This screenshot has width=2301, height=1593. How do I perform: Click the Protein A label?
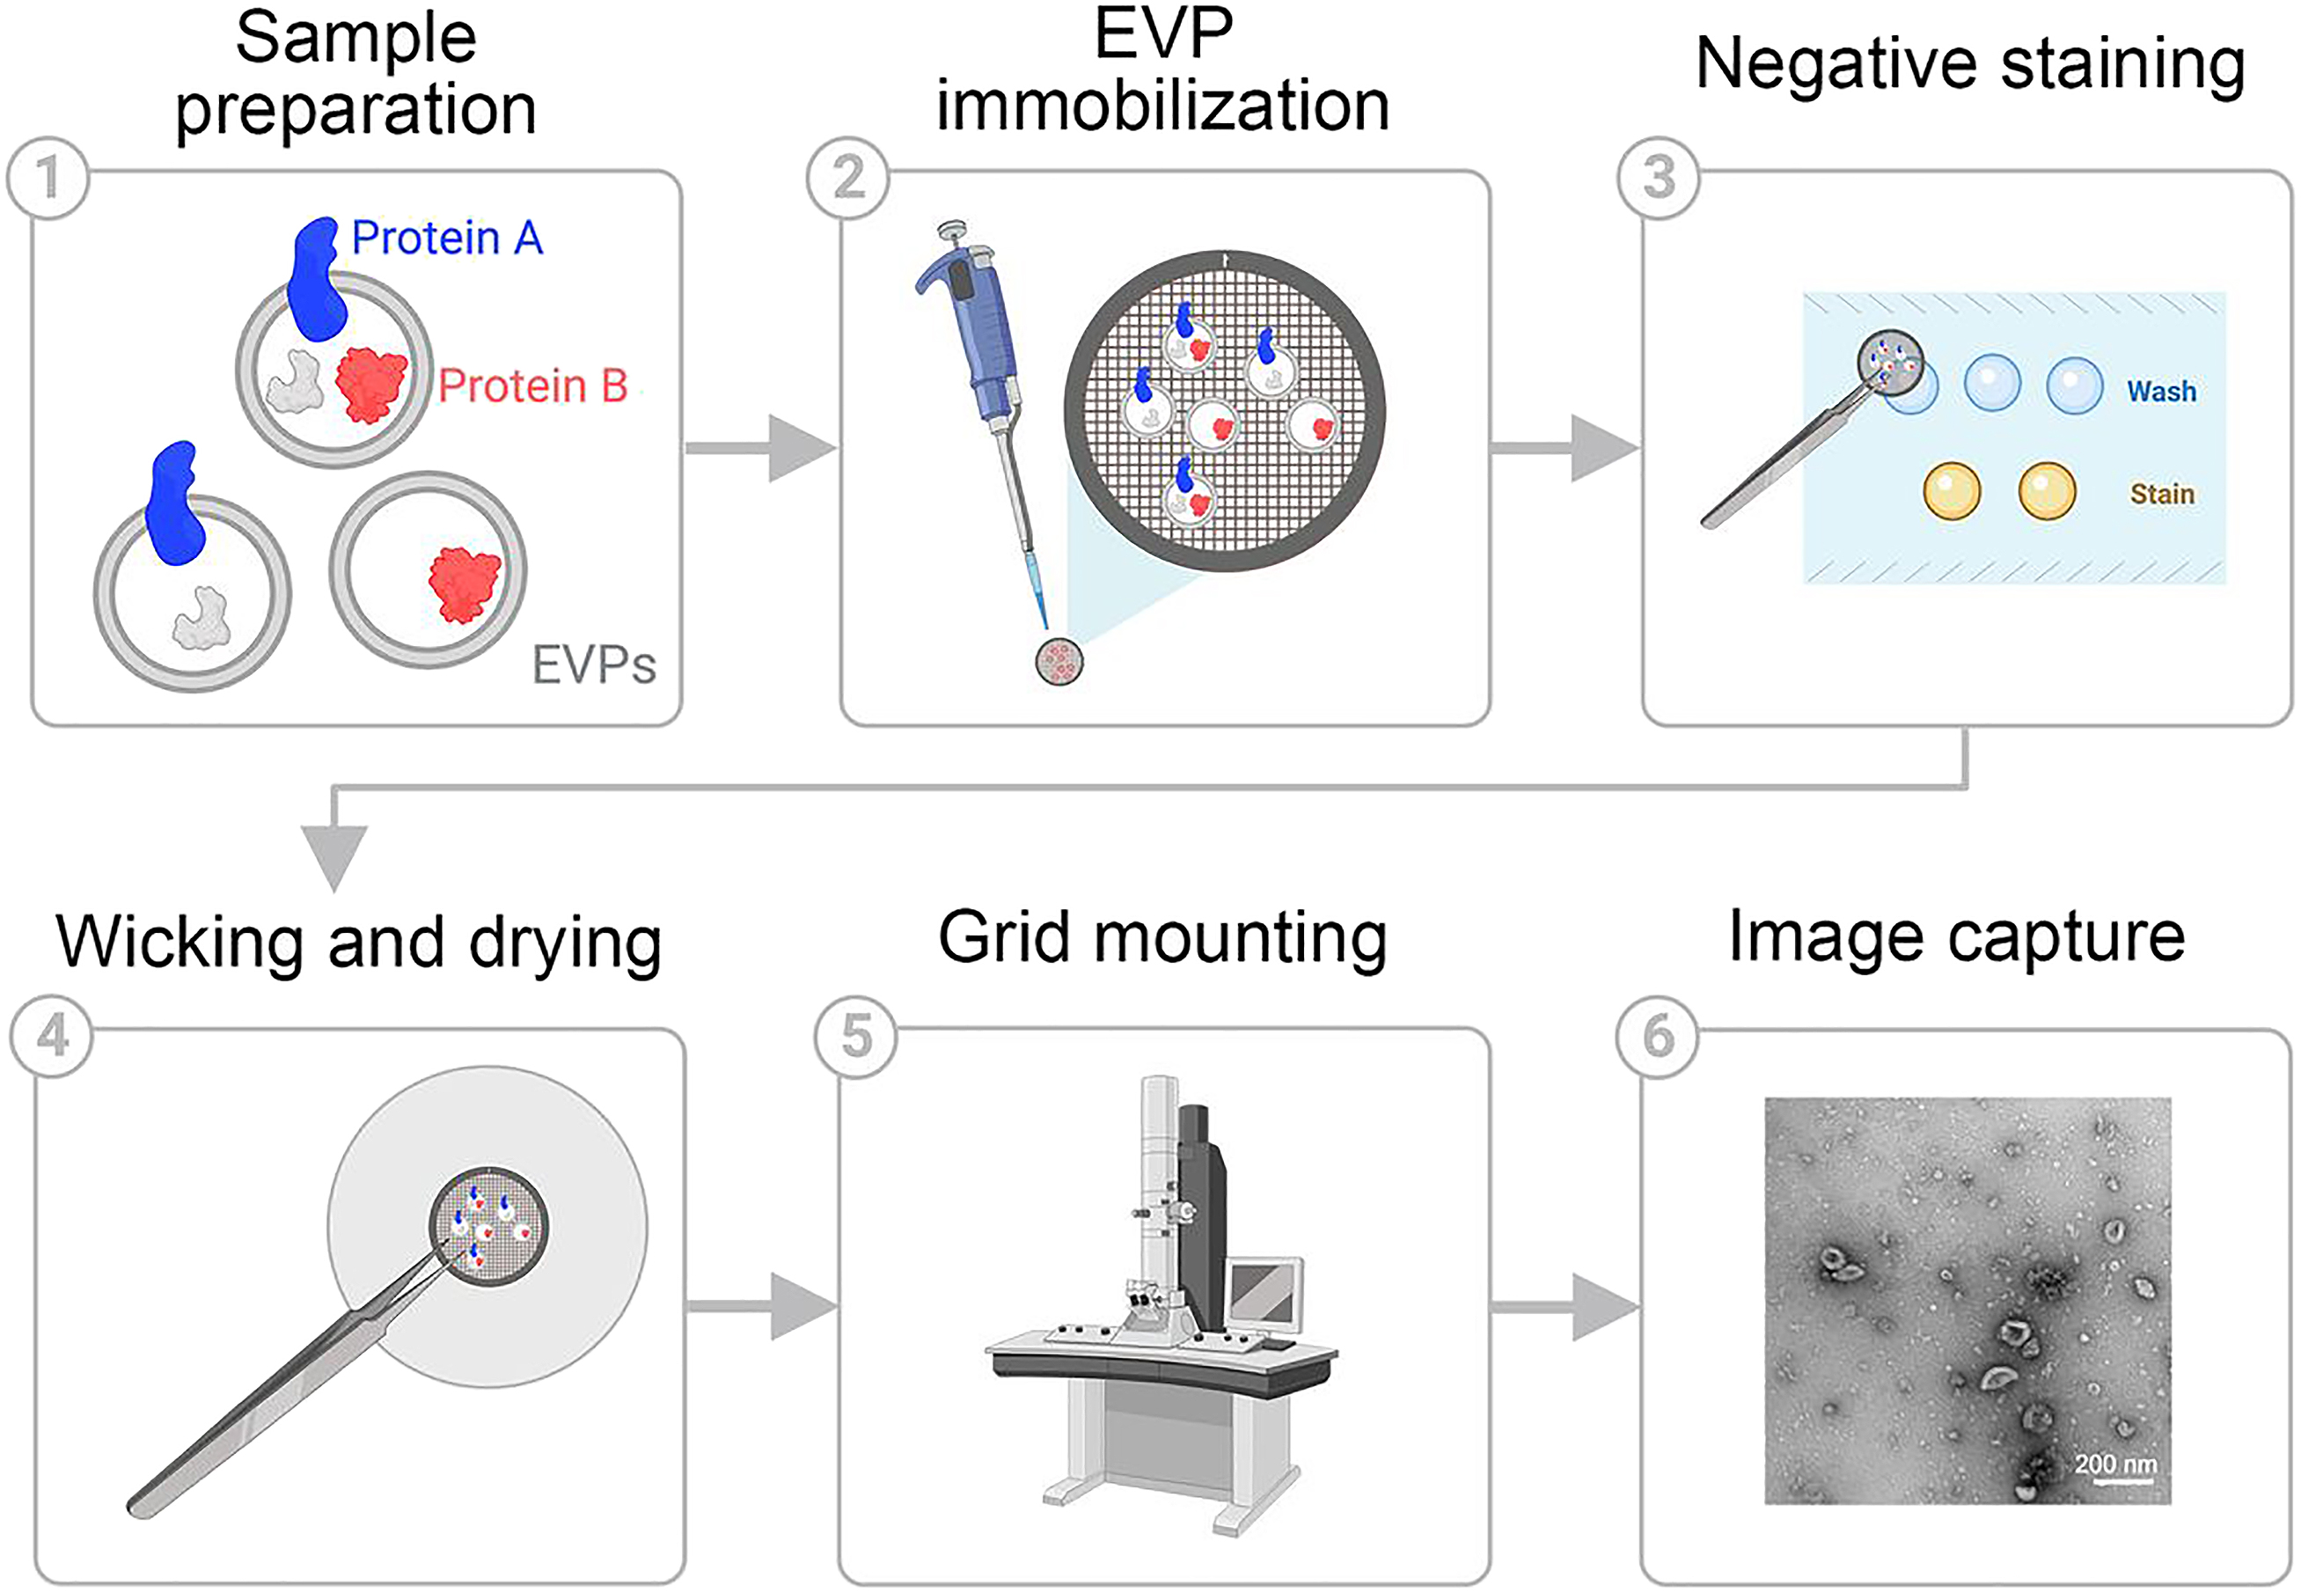click(447, 239)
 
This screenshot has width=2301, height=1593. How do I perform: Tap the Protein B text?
click(533, 386)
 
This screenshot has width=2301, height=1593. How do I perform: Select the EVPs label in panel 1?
click(594, 664)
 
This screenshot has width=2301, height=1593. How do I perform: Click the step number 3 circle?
click(1658, 178)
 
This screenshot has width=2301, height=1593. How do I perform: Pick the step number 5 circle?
click(855, 1036)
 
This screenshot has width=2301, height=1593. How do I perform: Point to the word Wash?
click(2161, 392)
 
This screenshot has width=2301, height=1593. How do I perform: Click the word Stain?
click(2161, 494)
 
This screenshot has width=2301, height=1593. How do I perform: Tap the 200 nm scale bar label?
click(2115, 1465)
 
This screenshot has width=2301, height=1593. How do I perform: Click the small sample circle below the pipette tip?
click(1059, 662)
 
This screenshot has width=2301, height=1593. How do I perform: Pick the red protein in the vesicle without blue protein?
click(464, 584)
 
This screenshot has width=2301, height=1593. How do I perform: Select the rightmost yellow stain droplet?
click(2047, 491)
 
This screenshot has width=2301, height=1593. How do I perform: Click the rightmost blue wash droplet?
click(2075, 385)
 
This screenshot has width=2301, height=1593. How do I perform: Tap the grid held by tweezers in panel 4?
click(489, 1227)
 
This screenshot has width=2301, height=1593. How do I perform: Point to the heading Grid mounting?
click(1162, 937)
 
